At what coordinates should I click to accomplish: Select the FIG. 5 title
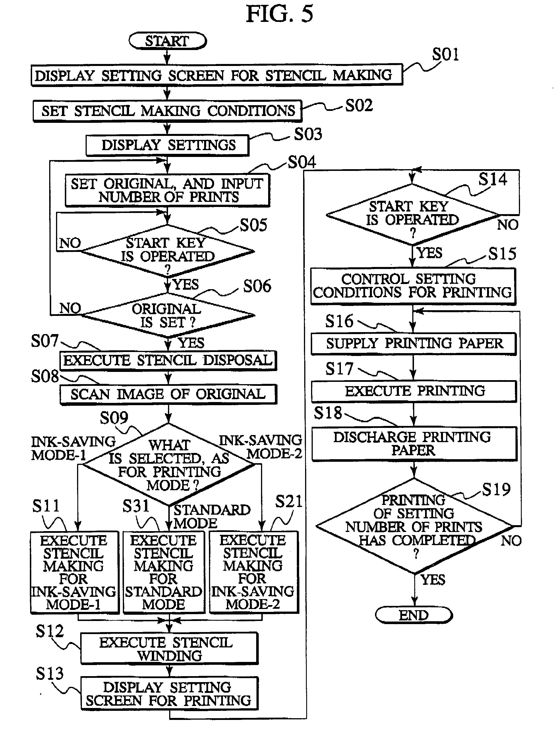[x=279, y=14]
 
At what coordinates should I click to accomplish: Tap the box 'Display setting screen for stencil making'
[x=216, y=75]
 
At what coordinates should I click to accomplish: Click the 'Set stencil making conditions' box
[x=167, y=111]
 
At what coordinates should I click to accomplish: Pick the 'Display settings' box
[x=167, y=145]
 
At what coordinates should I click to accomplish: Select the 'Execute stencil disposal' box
[x=168, y=360]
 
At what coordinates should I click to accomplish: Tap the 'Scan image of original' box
[x=168, y=394]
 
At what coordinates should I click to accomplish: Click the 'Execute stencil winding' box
[x=169, y=649]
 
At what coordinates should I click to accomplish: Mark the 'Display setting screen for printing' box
[x=169, y=693]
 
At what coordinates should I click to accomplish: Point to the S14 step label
[x=492, y=179]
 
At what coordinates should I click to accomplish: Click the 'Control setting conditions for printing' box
[x=413, y=286]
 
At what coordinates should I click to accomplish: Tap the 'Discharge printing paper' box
[x=414, y=443]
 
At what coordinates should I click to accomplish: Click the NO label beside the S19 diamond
[x=511, y=541]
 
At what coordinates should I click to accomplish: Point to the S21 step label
[x=288, y=501]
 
